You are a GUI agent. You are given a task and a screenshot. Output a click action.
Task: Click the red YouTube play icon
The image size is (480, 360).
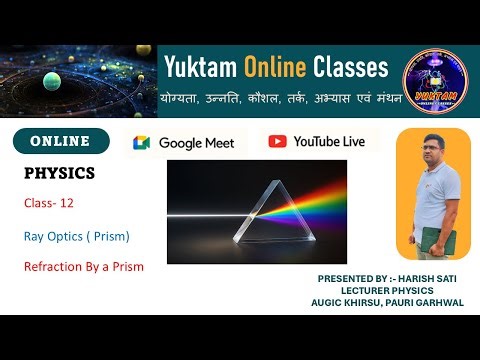click(x=278, y=141)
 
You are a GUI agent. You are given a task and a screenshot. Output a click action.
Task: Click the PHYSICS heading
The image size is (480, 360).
click(x=59, y=174)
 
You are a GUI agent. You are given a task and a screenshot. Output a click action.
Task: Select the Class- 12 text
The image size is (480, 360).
click(x=50, y=203)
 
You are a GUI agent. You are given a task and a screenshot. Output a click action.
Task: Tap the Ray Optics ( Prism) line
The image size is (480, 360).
click(x=77, y=237)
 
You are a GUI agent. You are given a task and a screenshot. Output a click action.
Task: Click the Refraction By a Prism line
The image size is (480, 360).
click(x=84, y=267)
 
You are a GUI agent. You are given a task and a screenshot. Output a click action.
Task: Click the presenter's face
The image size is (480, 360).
click(x=433, y=158)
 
